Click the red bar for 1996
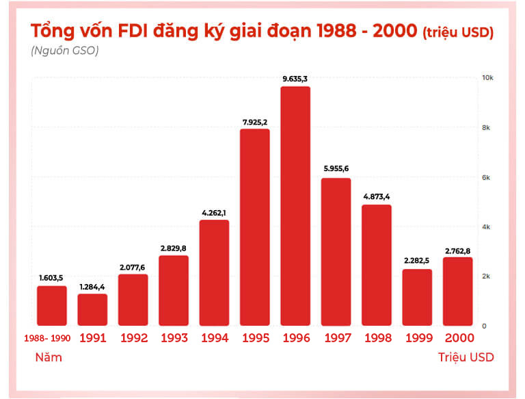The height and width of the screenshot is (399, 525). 295,206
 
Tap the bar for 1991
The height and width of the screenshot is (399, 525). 92,309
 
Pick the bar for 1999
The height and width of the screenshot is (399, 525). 417,297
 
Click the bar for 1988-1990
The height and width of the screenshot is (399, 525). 52,305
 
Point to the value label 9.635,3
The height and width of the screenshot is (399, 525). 295,79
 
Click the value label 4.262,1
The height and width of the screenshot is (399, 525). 214,213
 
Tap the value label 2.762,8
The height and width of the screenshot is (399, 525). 457,250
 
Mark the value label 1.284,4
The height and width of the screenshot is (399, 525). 92,287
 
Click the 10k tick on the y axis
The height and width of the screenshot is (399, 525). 488,79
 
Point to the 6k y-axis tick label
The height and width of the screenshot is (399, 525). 488,178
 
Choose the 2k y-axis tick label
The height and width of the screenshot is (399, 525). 488,276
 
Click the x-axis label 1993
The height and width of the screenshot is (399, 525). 174,338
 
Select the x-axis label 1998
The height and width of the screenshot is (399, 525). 377,338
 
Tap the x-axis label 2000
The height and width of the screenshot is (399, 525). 458,338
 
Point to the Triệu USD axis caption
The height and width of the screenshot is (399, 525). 466,357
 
